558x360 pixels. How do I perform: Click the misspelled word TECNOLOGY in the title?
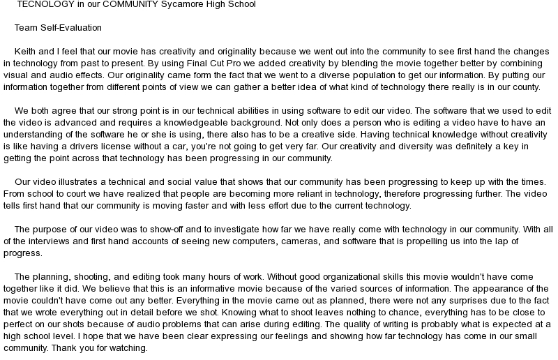tap(43, 4)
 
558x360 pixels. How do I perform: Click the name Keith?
tap(27, 52)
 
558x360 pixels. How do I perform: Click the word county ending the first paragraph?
tap(525, 87)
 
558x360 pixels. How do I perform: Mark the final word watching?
tap(128, 348)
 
